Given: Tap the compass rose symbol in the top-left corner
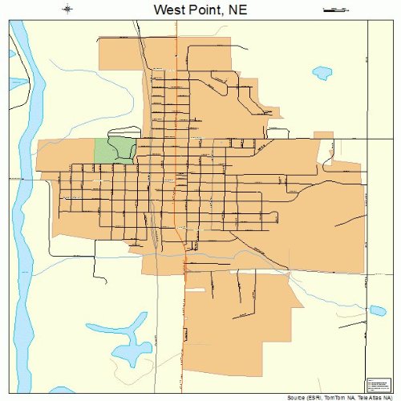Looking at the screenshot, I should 68,10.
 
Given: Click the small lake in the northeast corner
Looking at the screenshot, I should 322,73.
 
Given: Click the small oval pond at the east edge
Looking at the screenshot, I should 376,310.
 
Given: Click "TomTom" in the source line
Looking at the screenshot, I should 327,397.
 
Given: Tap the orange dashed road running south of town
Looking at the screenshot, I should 185,337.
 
